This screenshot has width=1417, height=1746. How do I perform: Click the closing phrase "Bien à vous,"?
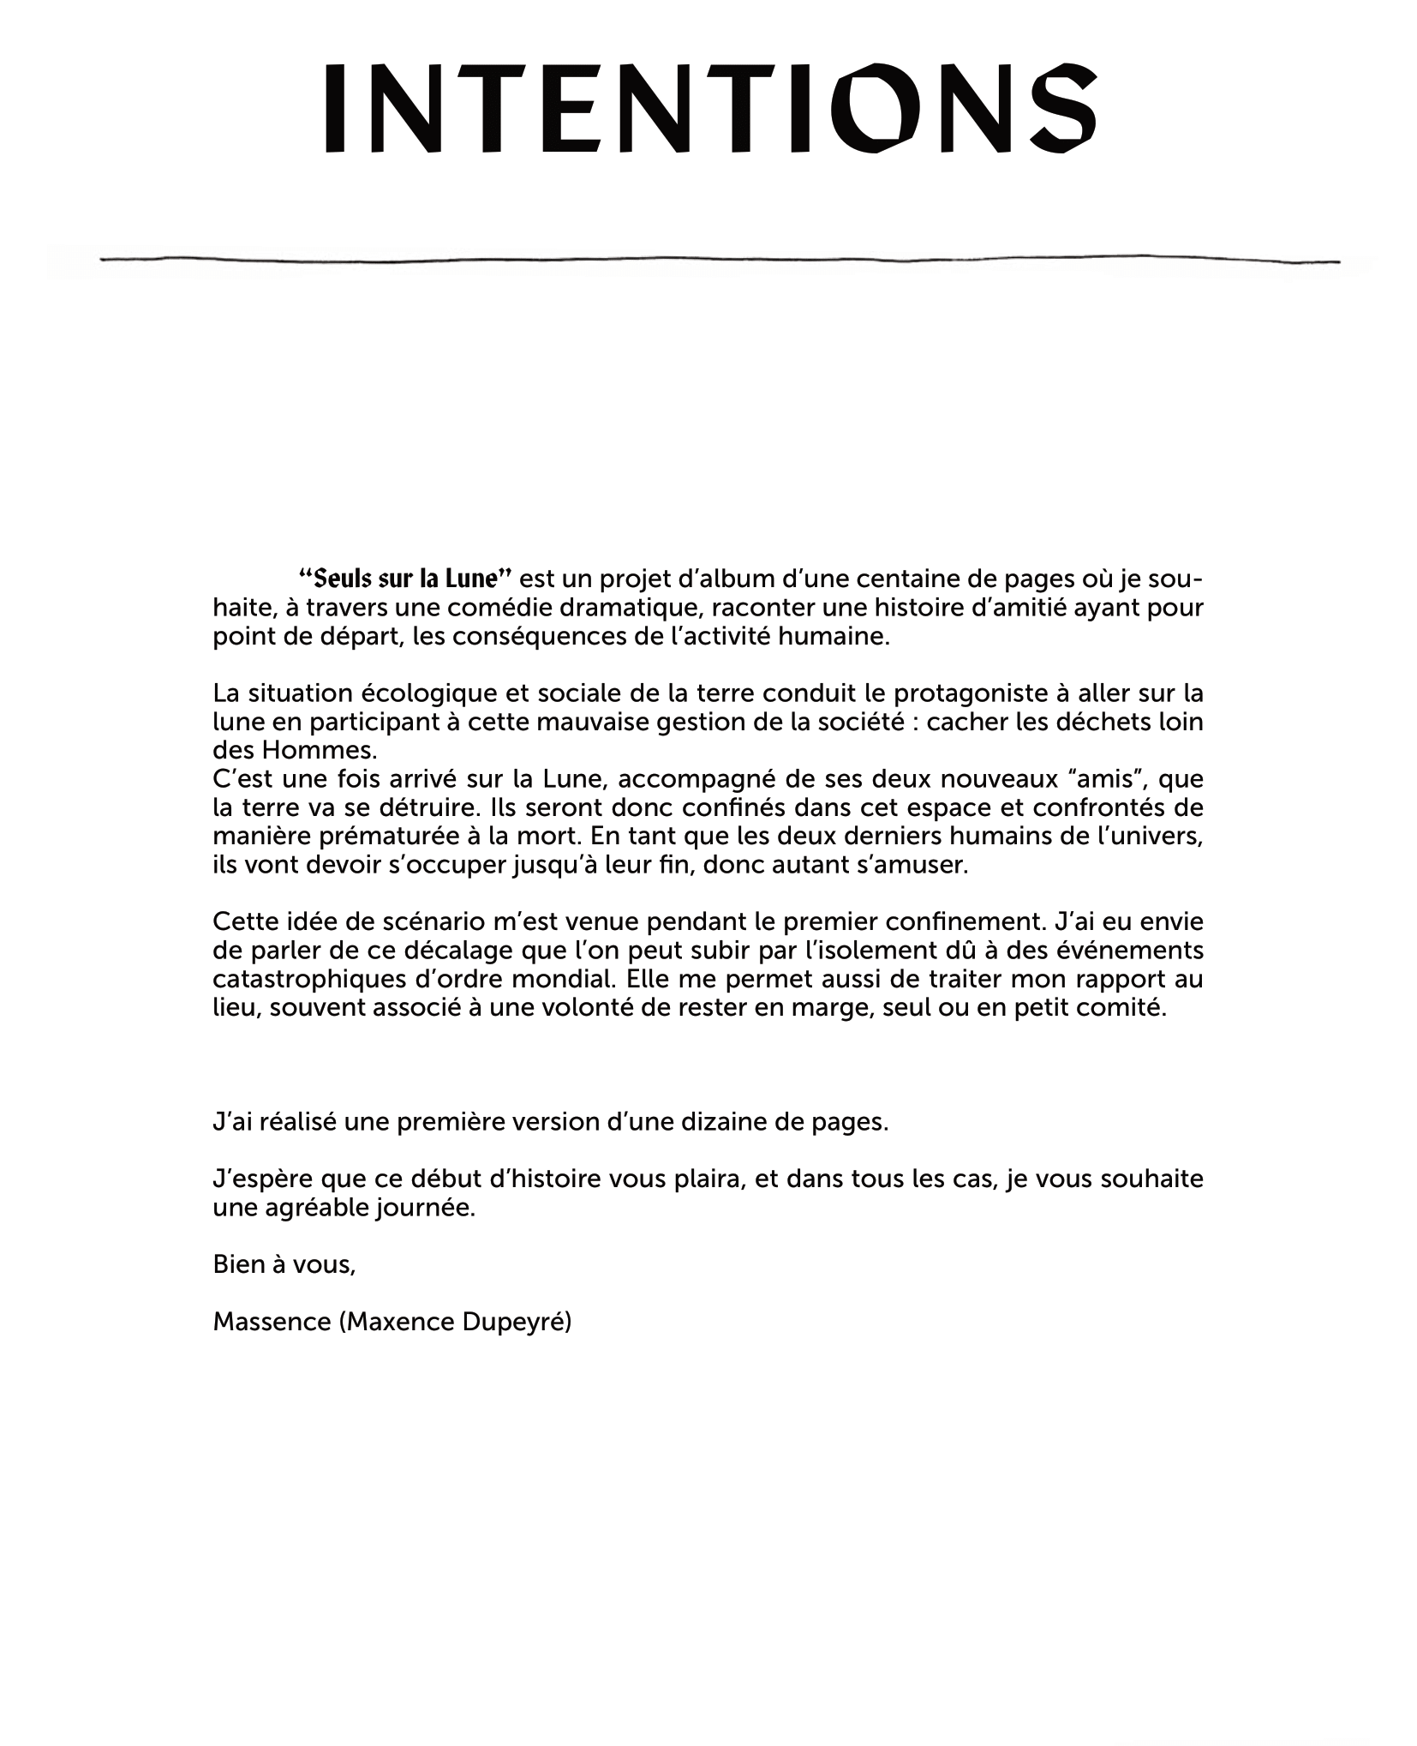284,1264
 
